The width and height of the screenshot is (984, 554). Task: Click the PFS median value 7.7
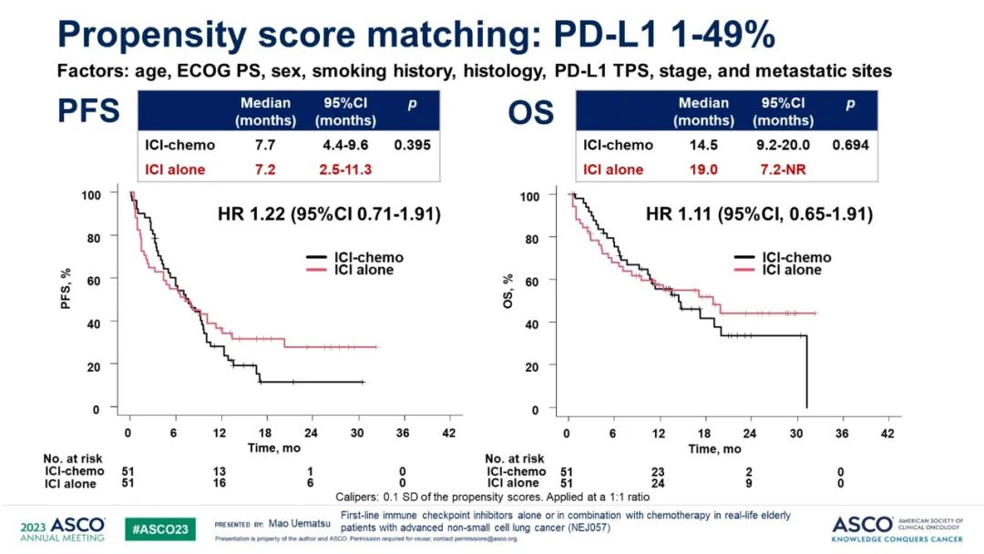(x=266, y=145)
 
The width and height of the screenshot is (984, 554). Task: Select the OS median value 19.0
(x=704, y=169)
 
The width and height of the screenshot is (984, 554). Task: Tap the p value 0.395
(x=413, y=145)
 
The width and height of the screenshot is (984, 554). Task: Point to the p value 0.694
(x=850, y=145)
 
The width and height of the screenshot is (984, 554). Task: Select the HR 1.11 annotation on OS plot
(x=759, y=215)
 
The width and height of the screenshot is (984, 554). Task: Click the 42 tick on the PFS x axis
(x=448, y=432)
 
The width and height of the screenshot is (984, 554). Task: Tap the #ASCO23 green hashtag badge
(x=160, y=528)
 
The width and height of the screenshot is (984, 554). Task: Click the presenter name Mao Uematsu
(x=296, y=525)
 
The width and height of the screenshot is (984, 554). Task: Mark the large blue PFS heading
(x=90, y=111)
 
